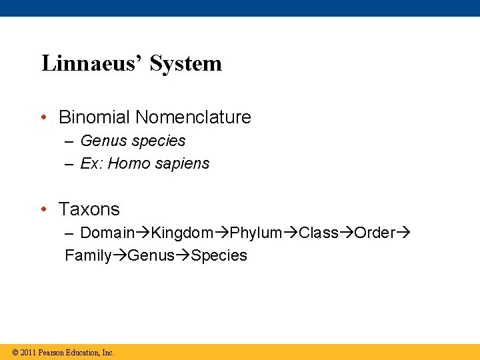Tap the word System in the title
click(186, 63)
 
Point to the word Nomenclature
click(193, 117)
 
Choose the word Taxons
click(89, 209)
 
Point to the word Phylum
click(257, 233)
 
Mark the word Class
click(319, 233)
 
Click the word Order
click(375, 233)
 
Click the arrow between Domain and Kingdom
click(143, 233)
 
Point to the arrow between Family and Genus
click(119, 255)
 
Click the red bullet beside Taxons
click(43, 209)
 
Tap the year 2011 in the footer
click(28, 352)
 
